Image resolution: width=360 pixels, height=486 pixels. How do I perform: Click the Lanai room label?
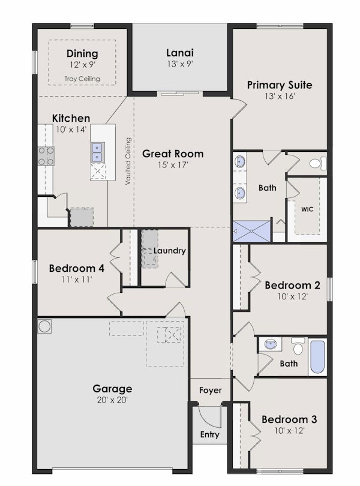(x=180, y=52)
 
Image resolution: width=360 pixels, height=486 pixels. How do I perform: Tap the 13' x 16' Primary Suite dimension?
(x=280, y=96)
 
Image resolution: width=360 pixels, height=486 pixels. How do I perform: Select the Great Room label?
(x=173, y=154)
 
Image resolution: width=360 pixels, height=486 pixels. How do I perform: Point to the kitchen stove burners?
(x=46, y=156)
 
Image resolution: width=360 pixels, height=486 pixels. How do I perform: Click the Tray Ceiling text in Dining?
(x=82, y=79)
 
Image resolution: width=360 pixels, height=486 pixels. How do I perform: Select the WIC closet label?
(x=307, y=209)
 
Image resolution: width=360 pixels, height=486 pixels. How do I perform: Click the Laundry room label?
(x=169, y=251)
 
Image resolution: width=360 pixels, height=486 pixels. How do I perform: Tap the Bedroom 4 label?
(x=77, y=268)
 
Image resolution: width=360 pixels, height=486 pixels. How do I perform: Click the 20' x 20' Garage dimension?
(x=112, y=400)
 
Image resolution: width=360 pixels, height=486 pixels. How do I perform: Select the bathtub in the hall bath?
(x=317, y=358)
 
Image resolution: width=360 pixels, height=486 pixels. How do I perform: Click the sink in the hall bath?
(x=272, y=344)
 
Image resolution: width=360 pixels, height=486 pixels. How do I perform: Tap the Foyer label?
(x=210, y=391)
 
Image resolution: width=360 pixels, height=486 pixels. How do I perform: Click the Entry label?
(x=209, y=435)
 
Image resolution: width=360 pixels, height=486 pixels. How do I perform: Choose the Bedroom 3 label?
(x=289, y=419)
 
